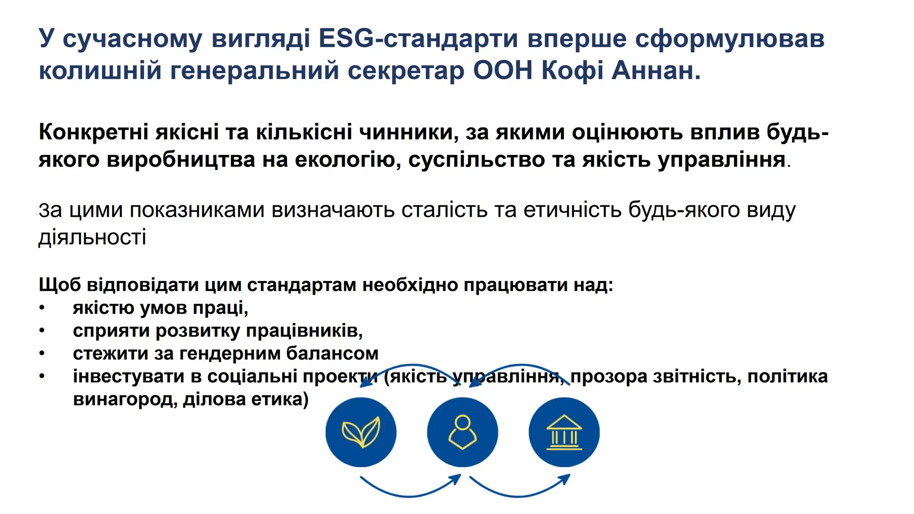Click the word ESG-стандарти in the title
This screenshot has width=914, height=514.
(418, 38)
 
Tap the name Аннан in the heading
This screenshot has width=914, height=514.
(656, 70)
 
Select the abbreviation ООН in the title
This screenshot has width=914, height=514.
(503, 70)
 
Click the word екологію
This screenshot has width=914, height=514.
(347, 160)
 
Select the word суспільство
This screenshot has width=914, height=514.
(476, 160)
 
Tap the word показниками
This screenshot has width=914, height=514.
(197, 210)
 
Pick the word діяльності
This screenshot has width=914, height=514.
(92, 237)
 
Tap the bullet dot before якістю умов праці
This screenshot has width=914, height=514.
(42, 308)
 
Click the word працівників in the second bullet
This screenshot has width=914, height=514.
(304, 331)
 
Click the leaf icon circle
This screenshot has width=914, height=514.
(361, 432)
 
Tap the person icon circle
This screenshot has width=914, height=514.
(462, 432)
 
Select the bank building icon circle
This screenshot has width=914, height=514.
(564, 432)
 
